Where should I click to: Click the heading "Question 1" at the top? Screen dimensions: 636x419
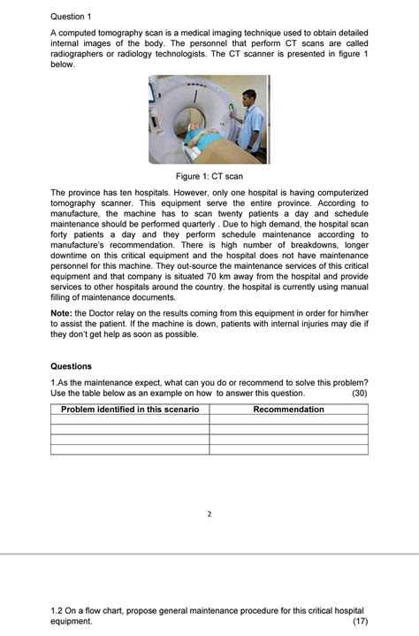click(72, 16)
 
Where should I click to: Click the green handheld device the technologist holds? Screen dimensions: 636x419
click(231, 109)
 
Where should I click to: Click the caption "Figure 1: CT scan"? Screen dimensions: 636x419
click(209, 177)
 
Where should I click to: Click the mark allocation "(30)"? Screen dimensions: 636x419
click(359, 393)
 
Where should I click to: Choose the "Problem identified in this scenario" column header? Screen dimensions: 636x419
click(130, 410)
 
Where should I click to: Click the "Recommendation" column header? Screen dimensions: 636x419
click(288, 410)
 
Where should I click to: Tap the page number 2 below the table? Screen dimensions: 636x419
click(210, 513)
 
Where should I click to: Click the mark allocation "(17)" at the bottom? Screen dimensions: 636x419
click(359, 621)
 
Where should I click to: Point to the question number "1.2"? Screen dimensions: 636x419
click(58, 610)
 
